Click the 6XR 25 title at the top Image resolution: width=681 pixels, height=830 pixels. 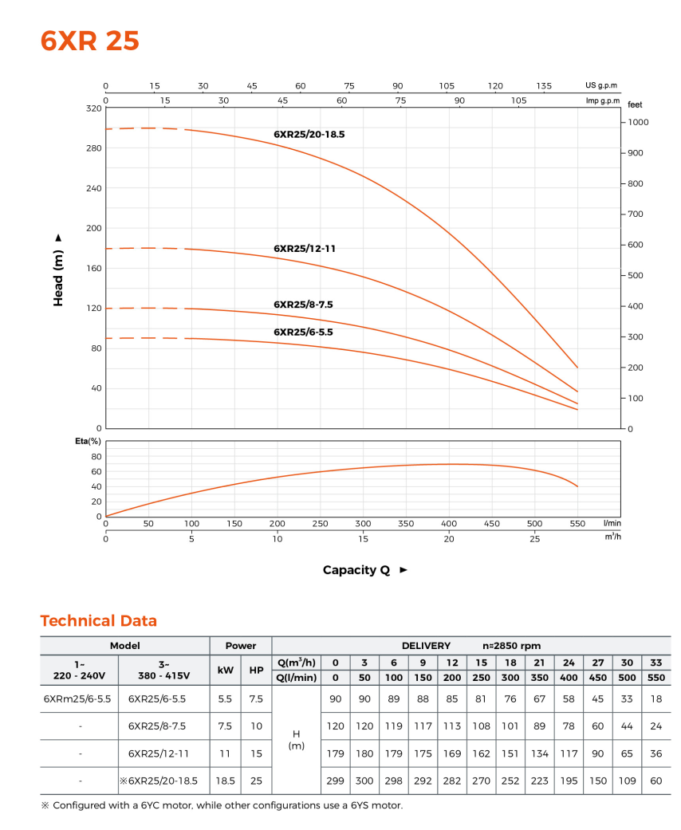90,41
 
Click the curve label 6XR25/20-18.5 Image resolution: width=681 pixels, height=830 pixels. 309,135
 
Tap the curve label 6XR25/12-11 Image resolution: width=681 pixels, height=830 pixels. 305,249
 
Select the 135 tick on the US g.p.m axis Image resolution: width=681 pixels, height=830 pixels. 544,86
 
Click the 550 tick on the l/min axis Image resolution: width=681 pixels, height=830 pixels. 577,524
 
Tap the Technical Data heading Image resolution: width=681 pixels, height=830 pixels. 99,621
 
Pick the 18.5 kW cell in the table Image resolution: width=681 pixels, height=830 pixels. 226,781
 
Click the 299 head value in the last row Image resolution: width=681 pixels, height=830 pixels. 336,781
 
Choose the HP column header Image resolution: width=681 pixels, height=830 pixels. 256,671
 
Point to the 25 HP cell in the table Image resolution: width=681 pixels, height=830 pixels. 256,781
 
